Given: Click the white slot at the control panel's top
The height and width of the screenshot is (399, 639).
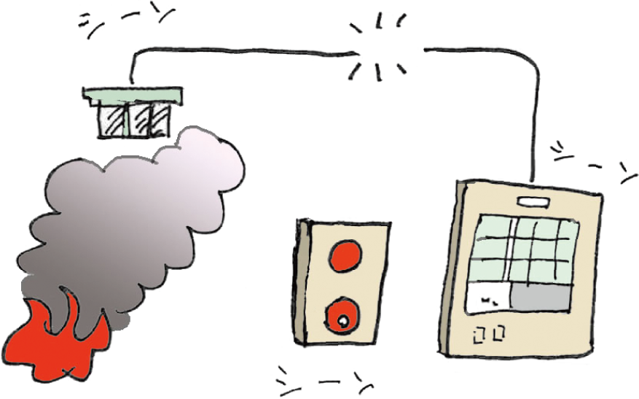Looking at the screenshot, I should (530, 201).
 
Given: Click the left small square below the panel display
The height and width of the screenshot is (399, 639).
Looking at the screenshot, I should (479, 335).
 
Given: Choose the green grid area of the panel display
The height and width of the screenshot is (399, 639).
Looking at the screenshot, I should (525, 248).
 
